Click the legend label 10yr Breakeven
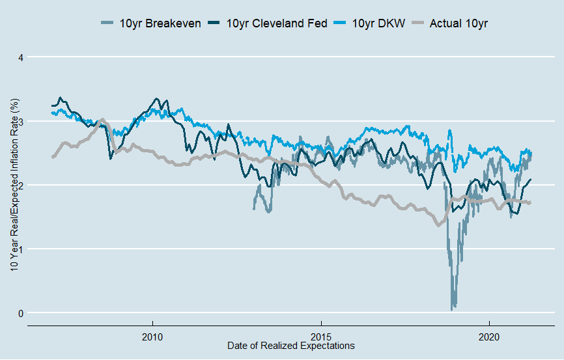(x=160, y=24)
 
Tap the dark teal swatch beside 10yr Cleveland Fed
(x=214, y=24)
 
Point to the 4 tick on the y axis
(x=20, y=57)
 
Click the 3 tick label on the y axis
(x=20, y=121)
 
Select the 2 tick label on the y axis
(x=20, y=185)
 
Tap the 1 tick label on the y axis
(x=20, y=249)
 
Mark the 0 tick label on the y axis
(x=20, y=313)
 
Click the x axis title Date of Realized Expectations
(x=291, y=346)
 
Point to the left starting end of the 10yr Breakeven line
(x=253, y=209)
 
